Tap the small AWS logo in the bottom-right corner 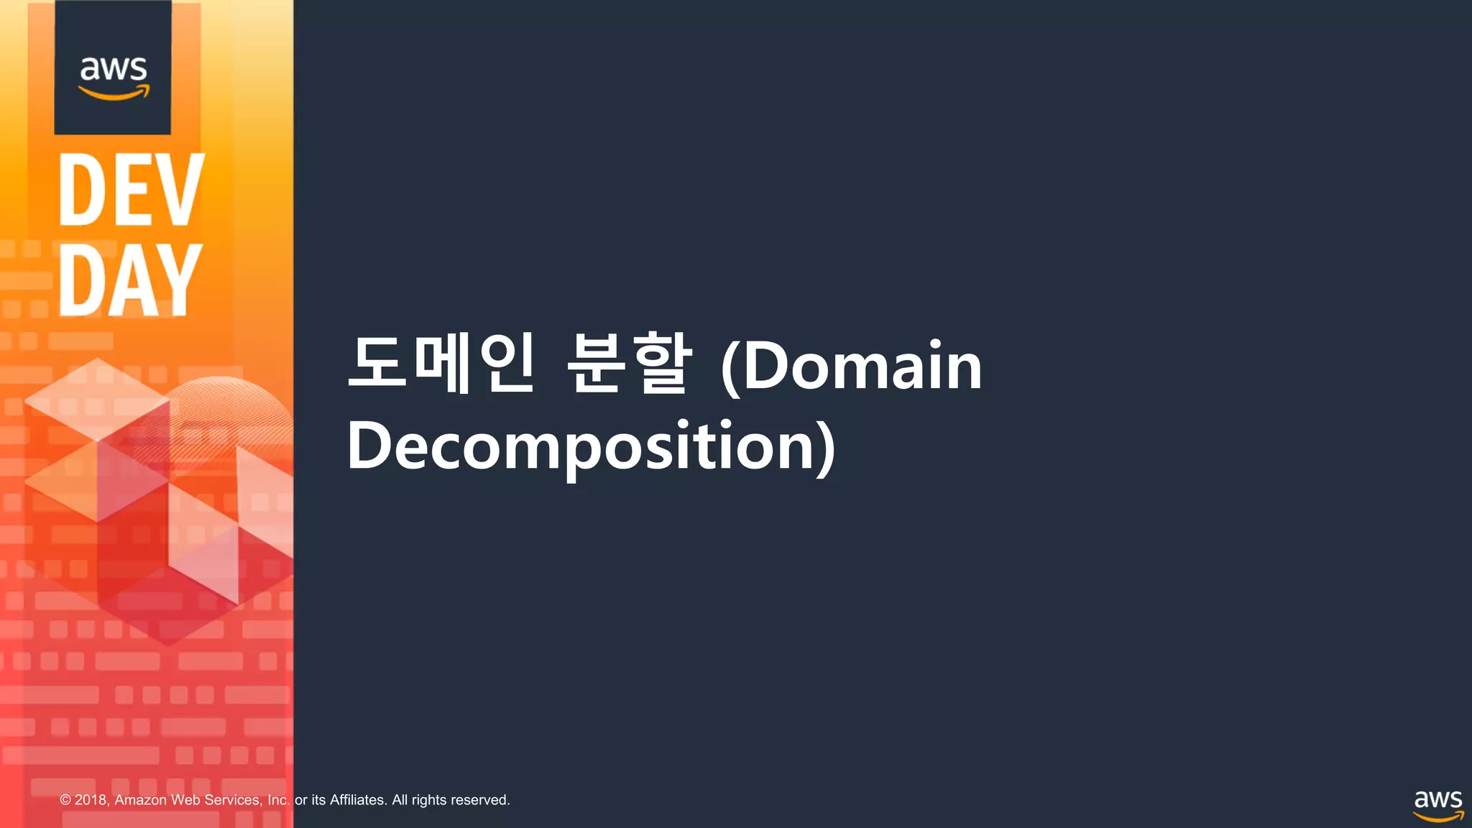[x=1437, y=806]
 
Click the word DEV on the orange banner [x=131, y=190]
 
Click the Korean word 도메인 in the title [x=441, y=363]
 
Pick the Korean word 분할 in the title [x=629, y=363]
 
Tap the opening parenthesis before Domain [x=730, y=367]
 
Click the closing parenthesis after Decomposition [x=827, y=448]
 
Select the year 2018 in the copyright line [x=91, y=800]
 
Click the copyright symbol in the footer [x=65, y=800]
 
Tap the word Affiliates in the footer [x=358, y=800]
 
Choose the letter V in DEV [x=179, y=190]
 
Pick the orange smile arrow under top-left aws [x=114, y=93]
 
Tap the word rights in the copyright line [x=429, y=800]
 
